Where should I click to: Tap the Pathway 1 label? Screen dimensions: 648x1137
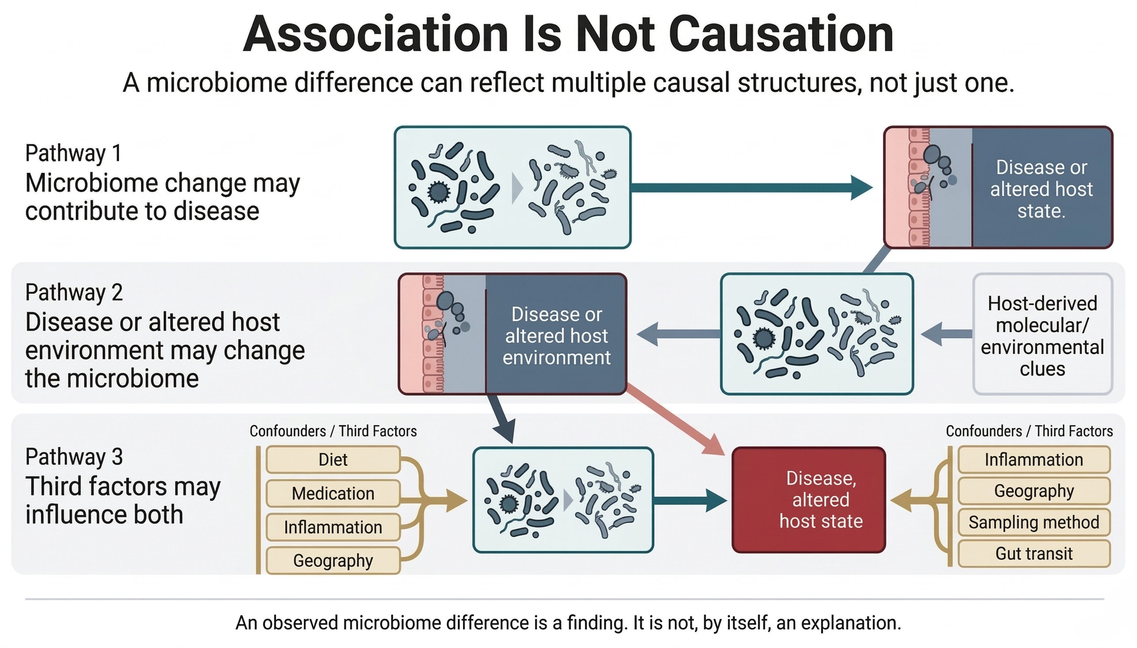[x=74, y=153]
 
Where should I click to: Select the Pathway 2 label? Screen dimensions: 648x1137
[x=74, y=292]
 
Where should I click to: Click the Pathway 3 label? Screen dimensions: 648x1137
[x=74, y=457]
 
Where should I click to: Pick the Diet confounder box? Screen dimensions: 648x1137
[x=333, y=460]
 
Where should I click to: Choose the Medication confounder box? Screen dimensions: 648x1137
[x=333, y=494]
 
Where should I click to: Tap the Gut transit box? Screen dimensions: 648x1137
[x=1034, y=554]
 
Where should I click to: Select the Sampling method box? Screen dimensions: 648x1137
[x=1034, y=522]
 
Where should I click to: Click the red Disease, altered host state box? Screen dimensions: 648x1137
[x=808, y=500]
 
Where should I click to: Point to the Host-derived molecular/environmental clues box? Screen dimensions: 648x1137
[x=1042, y=335]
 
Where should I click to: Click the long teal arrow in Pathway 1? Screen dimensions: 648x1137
[x=748, y=188]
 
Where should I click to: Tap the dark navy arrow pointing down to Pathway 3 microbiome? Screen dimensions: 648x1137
[x=502, y=418]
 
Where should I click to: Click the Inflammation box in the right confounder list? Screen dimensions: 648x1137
[x=1034, y=460]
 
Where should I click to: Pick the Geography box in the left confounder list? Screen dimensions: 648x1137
[x=333, y=561]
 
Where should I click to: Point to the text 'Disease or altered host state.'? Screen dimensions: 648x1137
[x=1041, y=189]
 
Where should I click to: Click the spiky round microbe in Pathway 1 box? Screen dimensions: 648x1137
[x=438, y=192]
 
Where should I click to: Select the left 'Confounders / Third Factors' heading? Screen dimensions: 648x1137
[x=333, y=431]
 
